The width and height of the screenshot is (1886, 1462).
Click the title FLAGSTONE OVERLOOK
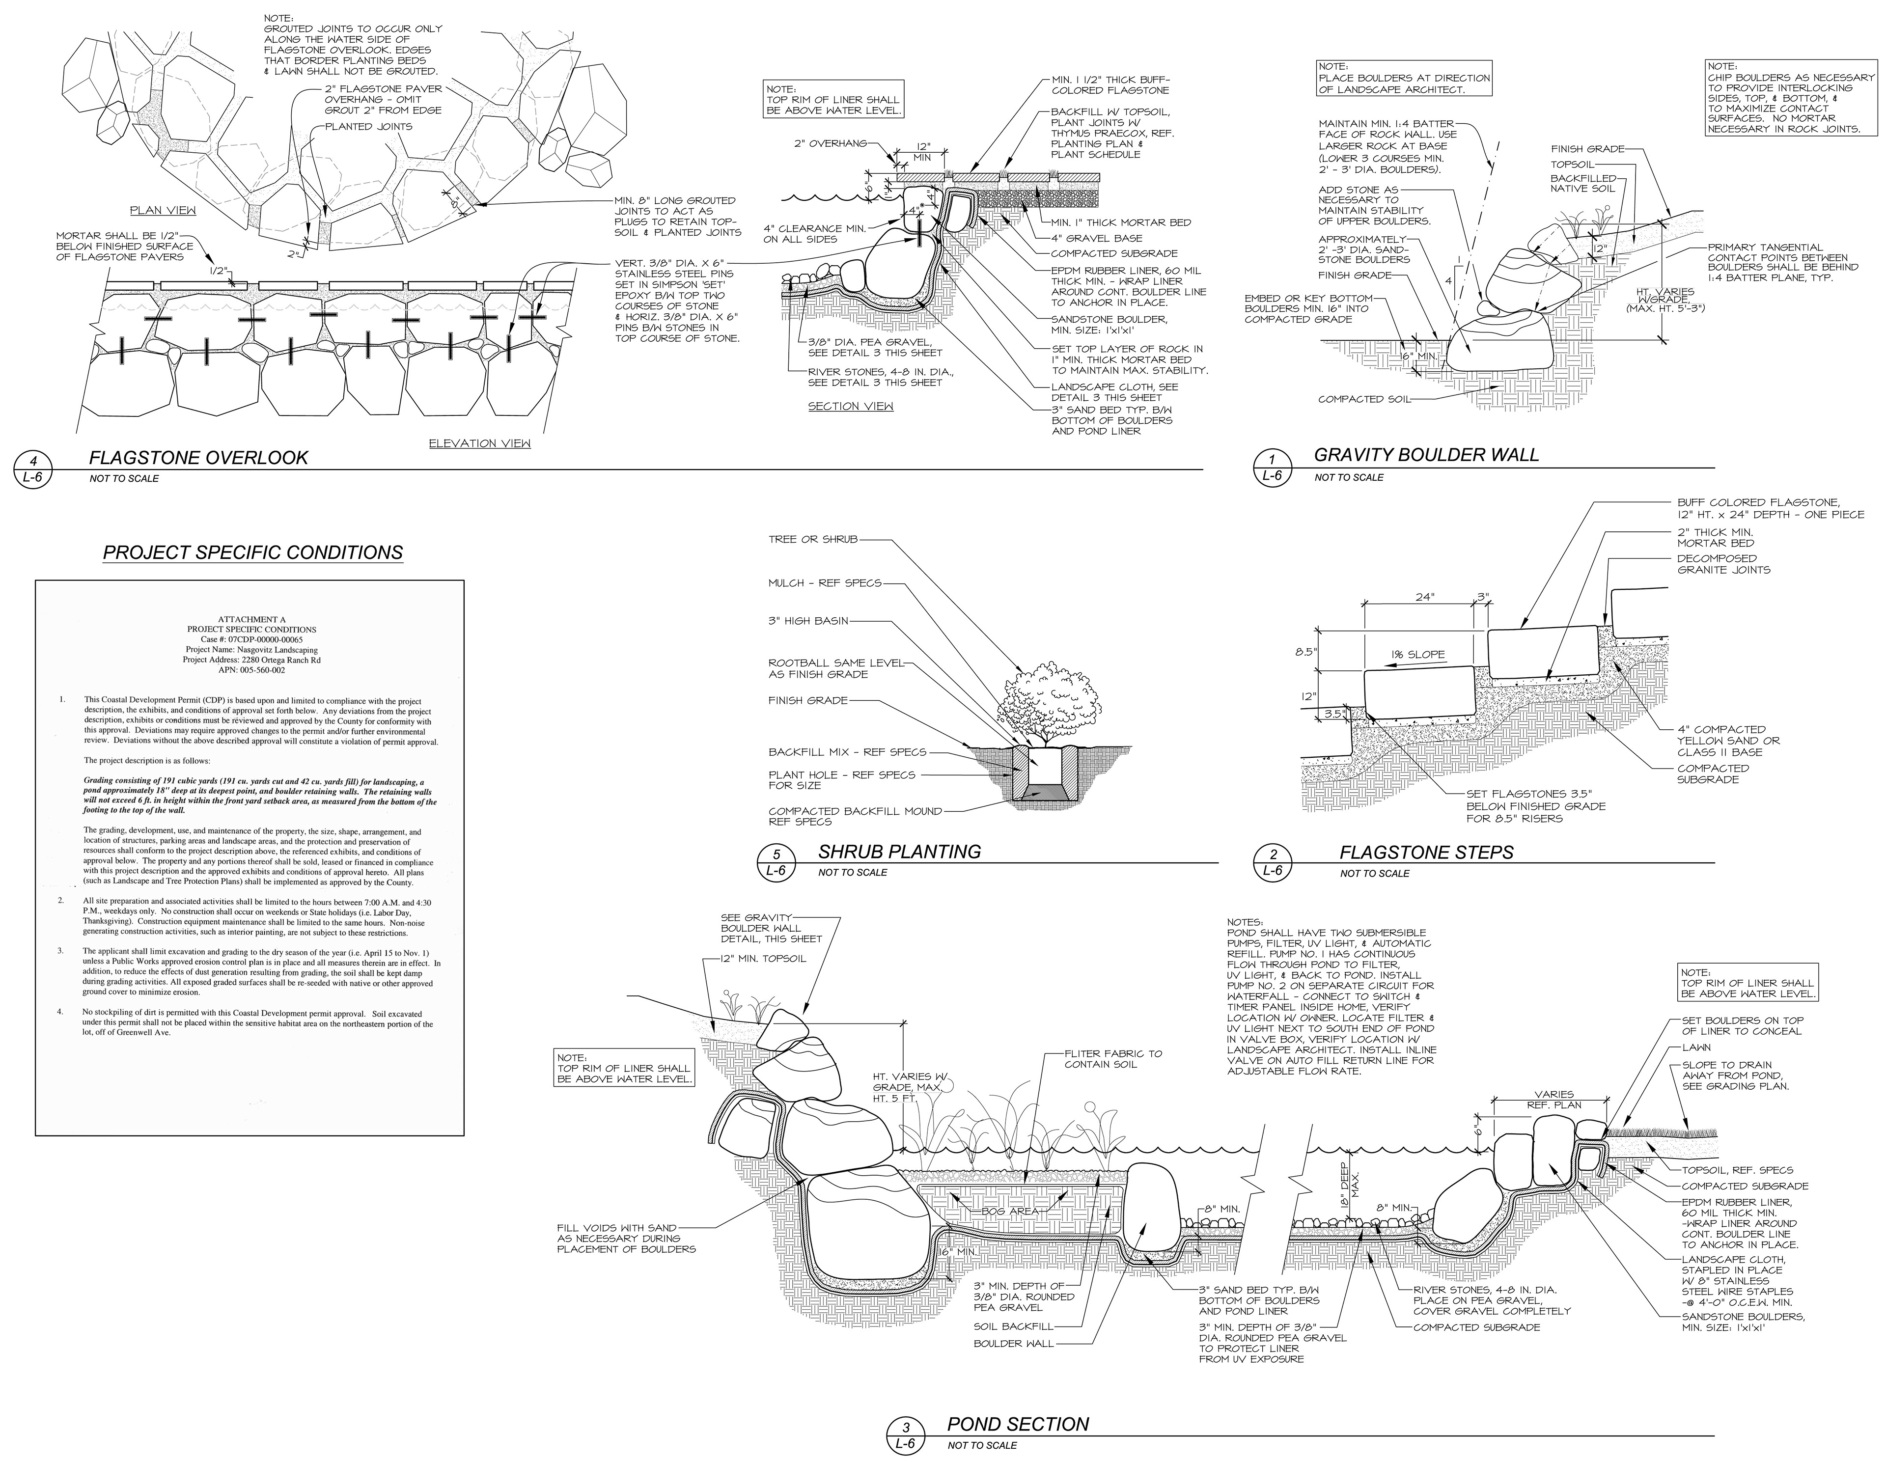coord(198,458)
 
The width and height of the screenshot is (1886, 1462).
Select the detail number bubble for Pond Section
coord(905,1436)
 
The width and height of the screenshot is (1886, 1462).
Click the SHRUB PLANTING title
coord(899,852)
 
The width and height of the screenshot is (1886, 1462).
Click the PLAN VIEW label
coord(163,210)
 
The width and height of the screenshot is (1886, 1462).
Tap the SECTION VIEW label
coord(851,406)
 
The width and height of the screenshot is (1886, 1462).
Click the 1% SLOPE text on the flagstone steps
coord(1416,655)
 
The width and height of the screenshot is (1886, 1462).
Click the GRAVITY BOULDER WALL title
coord(1426,454)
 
